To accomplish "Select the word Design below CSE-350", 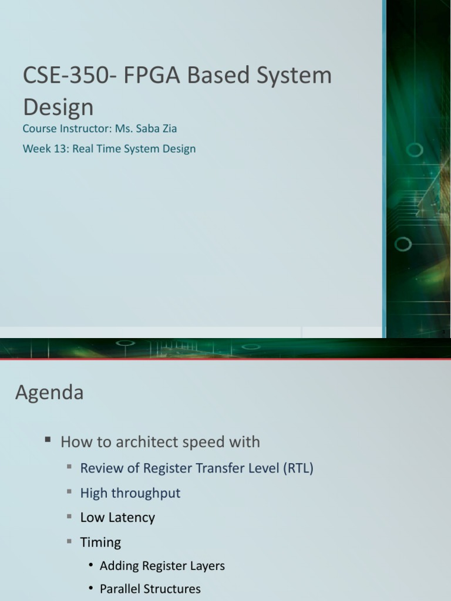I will [58, 107].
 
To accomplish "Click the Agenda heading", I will [49, 392].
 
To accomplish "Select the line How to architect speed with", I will [160, 441].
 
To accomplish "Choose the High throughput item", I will [130, 493].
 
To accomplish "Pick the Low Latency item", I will [117, 518].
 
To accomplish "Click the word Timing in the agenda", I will [100, 542].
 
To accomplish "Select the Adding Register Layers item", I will [162, 566].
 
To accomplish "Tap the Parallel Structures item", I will [150, 589].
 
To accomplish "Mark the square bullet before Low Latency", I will [69, 516].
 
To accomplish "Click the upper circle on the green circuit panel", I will [415, 150].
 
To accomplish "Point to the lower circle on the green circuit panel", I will [402, 244].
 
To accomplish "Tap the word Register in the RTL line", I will [163, 468].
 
